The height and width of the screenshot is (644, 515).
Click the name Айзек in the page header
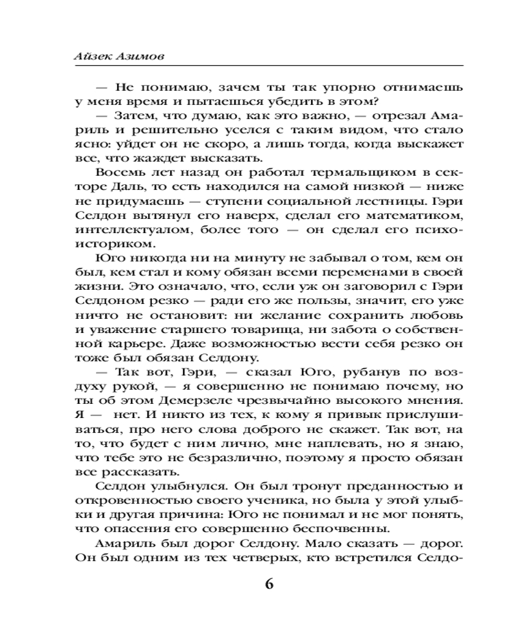[92, 56]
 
